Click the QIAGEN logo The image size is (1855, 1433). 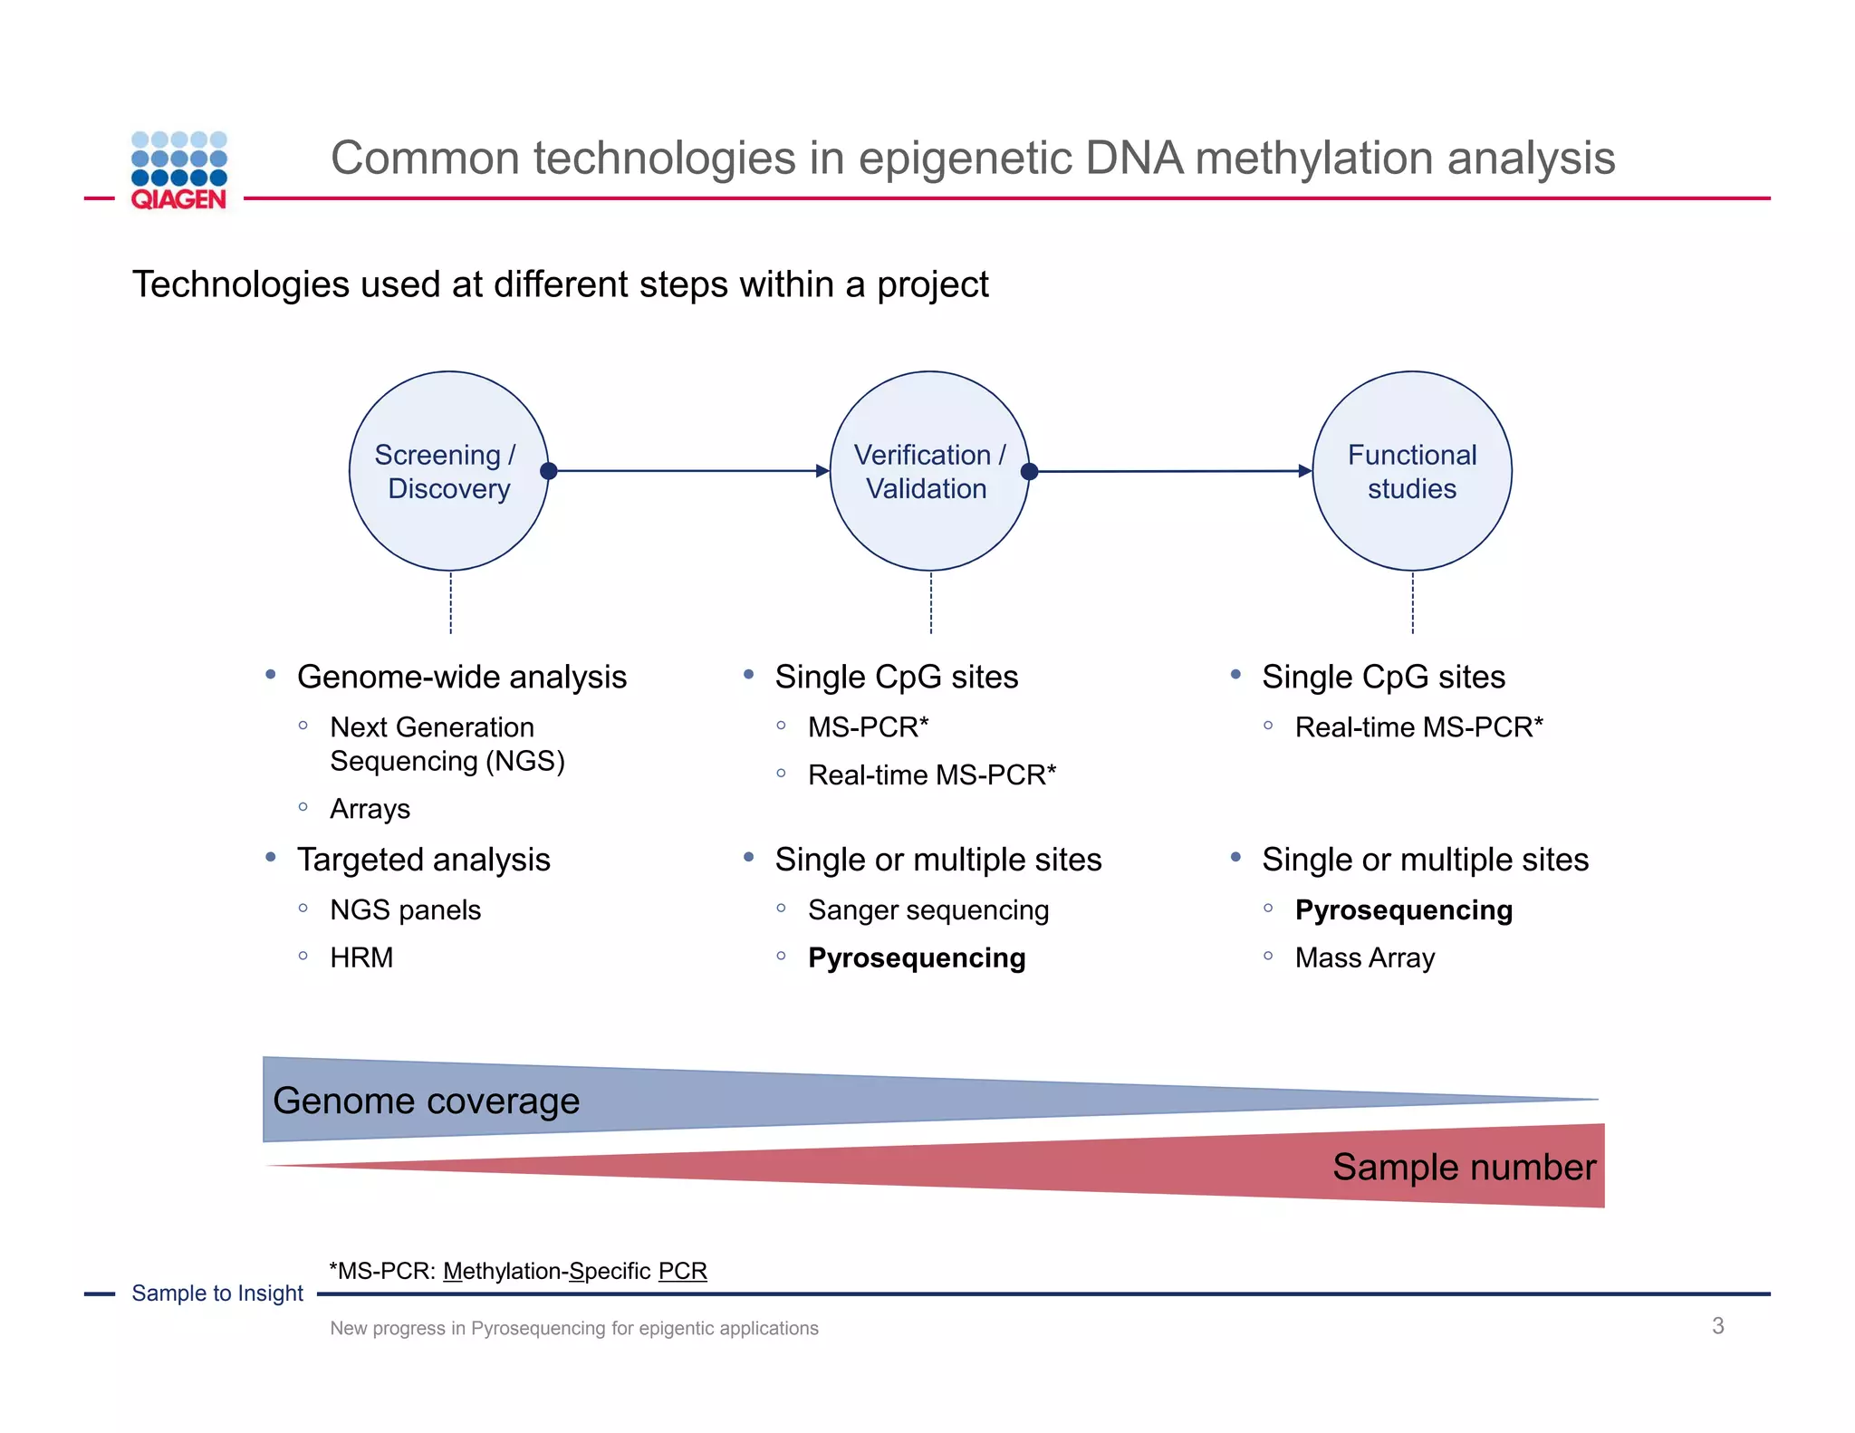point(178,171)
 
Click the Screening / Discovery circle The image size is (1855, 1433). point(448,471)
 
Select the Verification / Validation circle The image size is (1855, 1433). point(929,471)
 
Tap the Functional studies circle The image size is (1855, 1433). point(1411,471)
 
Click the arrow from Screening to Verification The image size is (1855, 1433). point(688,471)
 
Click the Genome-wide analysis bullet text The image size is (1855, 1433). point(461,677)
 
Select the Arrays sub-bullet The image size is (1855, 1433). point(370,808)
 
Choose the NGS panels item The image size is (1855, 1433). point(405,909)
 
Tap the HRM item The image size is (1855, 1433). point(361,957)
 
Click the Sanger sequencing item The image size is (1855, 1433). point(928,909)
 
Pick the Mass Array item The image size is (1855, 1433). point(1364,957)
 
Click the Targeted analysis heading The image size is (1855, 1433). point(423,860)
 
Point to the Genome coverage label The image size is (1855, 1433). point(426,1101)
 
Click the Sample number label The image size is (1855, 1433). point(1464,1167)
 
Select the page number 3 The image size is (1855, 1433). point(1717,1326)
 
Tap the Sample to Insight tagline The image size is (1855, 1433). point(217,1294)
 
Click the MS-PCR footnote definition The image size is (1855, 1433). point(518,1271)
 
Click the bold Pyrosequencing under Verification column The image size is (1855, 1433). point(917,957)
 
